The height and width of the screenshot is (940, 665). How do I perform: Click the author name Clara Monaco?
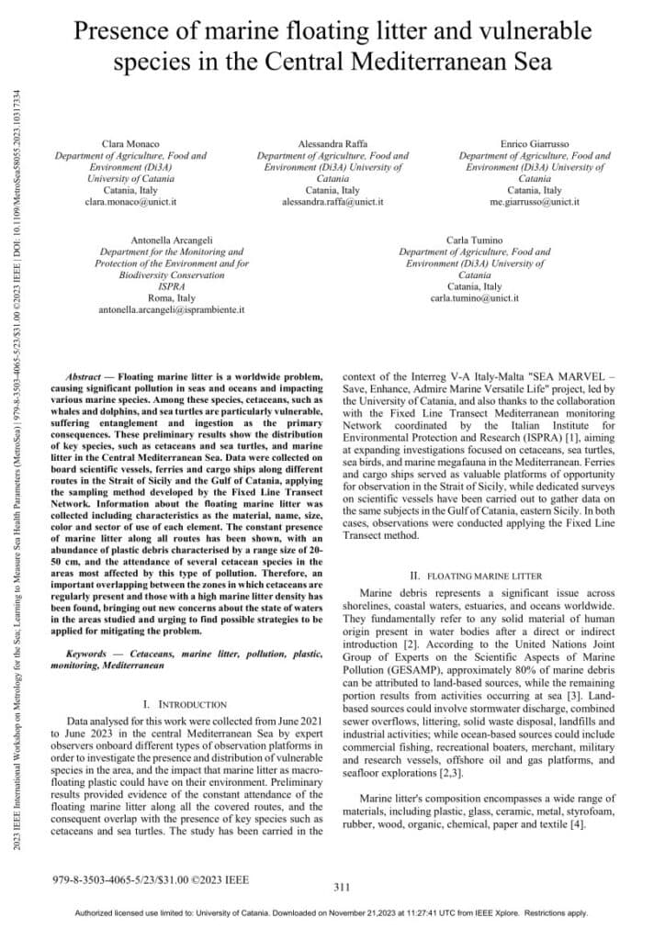130,145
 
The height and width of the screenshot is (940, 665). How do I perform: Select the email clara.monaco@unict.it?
130,200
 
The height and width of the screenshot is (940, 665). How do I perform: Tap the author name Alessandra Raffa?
332,145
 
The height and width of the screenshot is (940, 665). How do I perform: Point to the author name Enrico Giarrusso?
534,145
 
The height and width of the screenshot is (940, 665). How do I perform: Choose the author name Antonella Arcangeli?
171,240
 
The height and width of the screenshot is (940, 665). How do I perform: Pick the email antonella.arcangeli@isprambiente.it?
171,310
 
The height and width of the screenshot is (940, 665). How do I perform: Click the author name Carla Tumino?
474,240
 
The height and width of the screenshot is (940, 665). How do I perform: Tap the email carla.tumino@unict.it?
474,298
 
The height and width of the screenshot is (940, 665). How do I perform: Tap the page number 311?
342,887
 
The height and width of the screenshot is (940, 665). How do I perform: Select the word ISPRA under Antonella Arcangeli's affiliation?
171,286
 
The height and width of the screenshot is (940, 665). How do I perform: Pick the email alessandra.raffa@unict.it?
332,200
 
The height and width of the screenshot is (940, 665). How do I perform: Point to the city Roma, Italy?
171,298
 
